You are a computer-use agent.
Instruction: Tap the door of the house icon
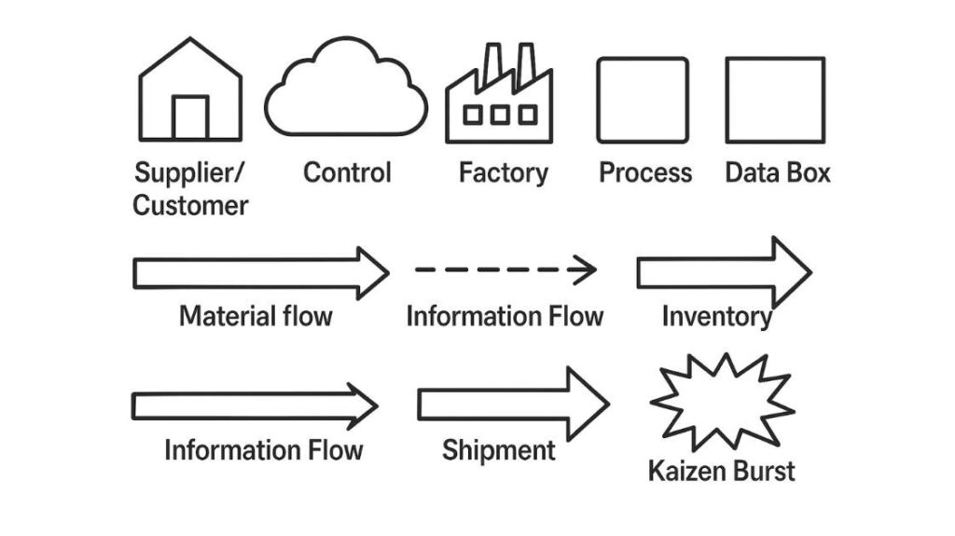(190, 117)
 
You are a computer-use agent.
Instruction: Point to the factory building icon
(499, 98)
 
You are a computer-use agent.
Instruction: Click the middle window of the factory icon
(501, 115)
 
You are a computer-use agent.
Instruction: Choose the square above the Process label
(644, 100)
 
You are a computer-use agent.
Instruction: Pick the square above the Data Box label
(775, 100)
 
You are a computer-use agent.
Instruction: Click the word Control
(347, 172)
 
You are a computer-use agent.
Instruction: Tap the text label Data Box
(777, 172)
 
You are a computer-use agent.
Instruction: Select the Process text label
(645, 172)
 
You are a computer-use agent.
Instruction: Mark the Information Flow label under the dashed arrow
(505, 316)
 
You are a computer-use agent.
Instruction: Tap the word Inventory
(716, 317)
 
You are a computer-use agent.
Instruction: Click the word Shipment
(498, 451)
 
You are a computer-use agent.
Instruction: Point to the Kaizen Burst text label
(722, 471)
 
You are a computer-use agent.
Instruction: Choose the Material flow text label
(256, 316)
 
